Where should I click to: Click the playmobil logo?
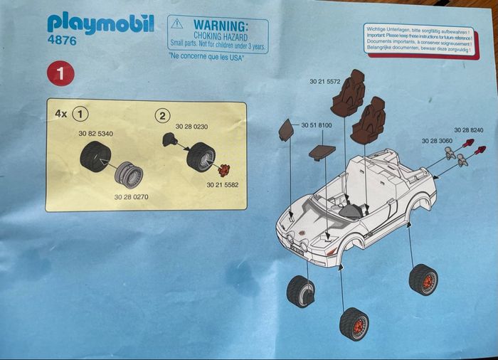[100, 23]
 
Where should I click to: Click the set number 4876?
[62, 42]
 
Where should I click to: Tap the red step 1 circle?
[60, 73]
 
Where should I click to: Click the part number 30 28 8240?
[469, 130]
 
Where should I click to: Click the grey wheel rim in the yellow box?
[129, 174]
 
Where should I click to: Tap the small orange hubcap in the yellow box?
[224, 170]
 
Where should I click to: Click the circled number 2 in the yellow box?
[164, 116]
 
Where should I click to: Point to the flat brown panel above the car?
[322, 151]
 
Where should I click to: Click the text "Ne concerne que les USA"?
[206, 56]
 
